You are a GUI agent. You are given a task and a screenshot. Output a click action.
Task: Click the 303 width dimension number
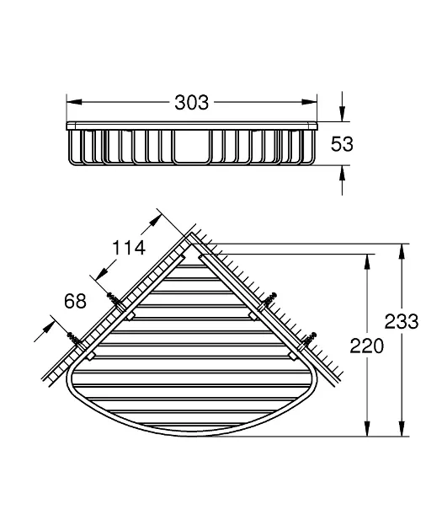point(191,102)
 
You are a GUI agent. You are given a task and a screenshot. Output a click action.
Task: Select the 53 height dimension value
point(342,143)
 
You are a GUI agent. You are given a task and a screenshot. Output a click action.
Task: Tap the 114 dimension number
point(129,248)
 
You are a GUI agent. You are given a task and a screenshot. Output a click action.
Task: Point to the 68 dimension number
point(76,301)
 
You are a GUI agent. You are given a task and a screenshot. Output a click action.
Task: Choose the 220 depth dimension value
point(366,346)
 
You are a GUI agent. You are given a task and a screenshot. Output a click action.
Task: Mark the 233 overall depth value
point(402,321)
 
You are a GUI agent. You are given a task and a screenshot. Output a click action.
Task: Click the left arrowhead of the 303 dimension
point(74,102)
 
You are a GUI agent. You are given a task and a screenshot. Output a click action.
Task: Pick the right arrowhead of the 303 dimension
point(310,102)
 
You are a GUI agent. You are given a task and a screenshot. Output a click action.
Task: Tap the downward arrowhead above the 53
point(343,114)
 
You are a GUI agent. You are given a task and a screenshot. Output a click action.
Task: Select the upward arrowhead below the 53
point(343,173)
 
